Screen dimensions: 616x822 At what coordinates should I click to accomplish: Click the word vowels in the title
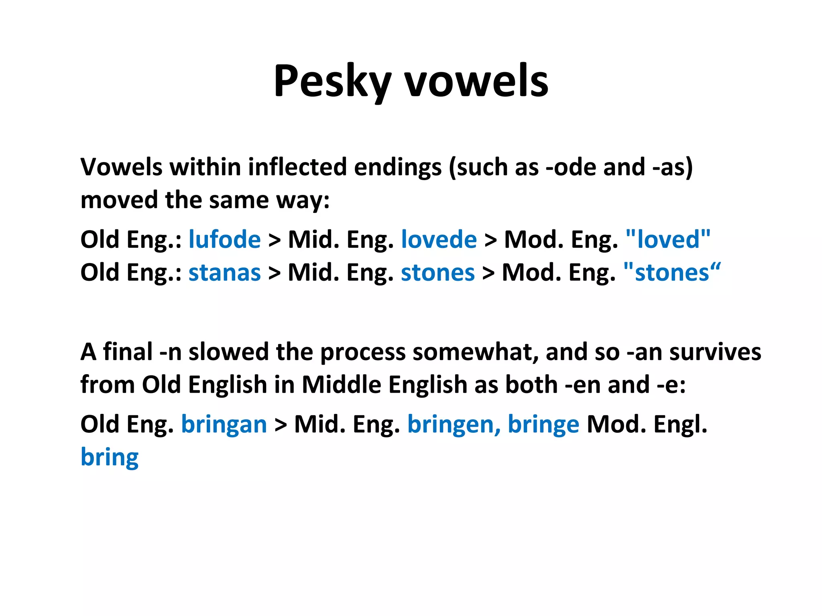click(x=476, y=81)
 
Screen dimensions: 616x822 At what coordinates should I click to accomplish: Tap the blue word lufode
click(x=225, y=240)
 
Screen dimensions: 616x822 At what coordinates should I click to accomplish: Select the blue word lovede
click(x=439, y=240)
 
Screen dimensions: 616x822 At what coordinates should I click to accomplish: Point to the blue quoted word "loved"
click(x=668, y=240)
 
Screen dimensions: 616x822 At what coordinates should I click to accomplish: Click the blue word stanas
click(x=225, y=273)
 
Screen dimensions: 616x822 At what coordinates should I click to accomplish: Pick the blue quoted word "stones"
click(x=672, y=273)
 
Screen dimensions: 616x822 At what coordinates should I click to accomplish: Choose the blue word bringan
click(x=224, y=425)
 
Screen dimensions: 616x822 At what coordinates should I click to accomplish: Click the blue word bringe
click(x=543, y=425)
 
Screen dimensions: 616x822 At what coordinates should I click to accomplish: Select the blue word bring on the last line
click(x=110, y=458)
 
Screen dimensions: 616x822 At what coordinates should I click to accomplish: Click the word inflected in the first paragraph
click(x=297, y=167)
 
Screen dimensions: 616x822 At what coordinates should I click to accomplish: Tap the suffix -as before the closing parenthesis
click(x=668, y=167)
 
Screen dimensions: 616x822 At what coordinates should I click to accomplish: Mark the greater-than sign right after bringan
click(x=281, y=425)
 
